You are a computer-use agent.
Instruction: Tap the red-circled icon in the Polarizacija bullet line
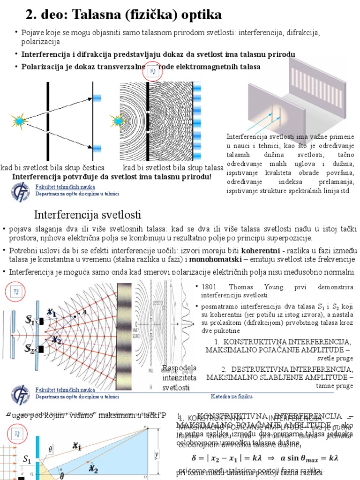click(152, 72)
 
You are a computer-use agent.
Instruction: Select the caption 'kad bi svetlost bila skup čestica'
click(52, 168)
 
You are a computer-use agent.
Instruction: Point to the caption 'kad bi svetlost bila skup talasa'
click(173, 168)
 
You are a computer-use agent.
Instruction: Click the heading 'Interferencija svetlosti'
click(88, 215)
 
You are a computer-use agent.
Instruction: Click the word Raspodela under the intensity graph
click(180, 367)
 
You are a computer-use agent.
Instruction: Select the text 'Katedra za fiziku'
click(232, 397)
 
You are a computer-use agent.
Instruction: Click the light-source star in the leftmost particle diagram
click(19, 121)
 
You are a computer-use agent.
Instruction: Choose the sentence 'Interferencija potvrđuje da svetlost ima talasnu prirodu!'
click(112, 177)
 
